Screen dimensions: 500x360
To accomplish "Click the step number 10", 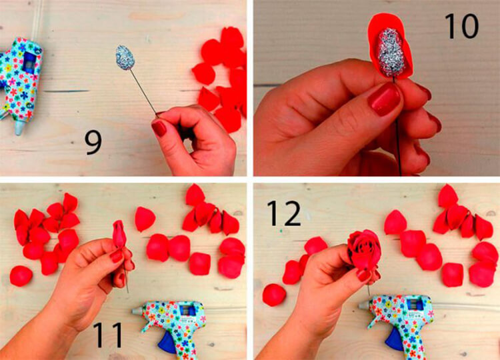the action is pyautogui.click(x=461, y=26).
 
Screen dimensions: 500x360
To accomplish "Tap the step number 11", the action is pyautogui.click(x=108, y=335).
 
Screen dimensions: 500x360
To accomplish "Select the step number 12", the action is pyautogui.click(x=284, y=213).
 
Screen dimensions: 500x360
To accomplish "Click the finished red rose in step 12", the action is pyautogui.click(x=364, y=249).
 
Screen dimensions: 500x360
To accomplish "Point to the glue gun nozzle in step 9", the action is pyautogui.click(x=19, y=128).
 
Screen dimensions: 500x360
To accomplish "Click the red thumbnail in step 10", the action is pyautogui.click(x=385, y=99).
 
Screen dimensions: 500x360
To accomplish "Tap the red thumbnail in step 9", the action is pyautogui.click(x=159, y=129).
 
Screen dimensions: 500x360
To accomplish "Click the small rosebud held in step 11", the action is pyautogui.click(x=119, y=234).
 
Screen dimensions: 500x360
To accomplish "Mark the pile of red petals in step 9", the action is pyautogui.click(x=221, y=80).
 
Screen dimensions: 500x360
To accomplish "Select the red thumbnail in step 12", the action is pyautogui.click(x=364, y=275).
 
